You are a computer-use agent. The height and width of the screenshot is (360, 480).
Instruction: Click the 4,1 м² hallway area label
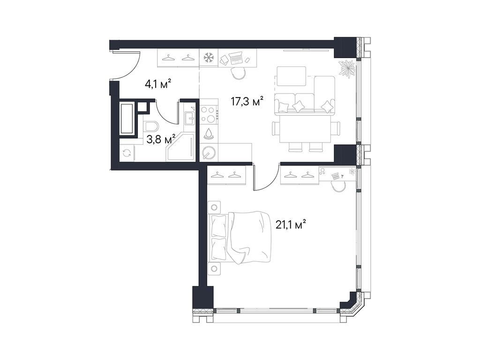click(x=157, y=84)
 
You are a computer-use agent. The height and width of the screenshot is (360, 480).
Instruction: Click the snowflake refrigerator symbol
click(x=208, y=58)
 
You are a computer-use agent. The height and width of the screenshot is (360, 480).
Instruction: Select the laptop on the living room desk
click(x=236, y=59)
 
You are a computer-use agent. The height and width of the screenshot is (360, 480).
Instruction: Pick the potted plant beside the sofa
click(x=347, y=68)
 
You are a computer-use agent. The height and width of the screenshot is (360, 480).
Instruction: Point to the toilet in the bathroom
click(x=151, y=127)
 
